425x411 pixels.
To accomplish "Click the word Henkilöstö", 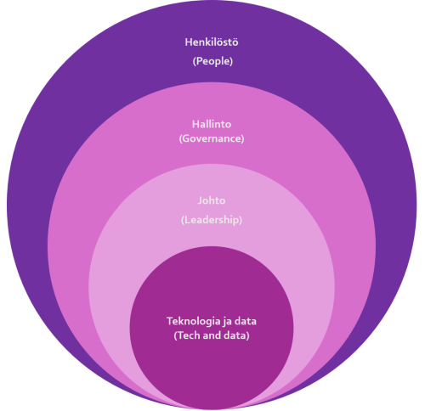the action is (x=212, y=42).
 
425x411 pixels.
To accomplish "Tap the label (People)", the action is (x=212, y=61).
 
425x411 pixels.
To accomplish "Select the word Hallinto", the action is (x=212, y=124).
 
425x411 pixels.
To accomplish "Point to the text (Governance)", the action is (x=212, y=138).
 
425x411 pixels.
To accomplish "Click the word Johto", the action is (x=212, y=200).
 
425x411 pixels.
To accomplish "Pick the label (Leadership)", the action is (x=212, y=220).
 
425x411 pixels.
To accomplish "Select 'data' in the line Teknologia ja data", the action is (x=246, y=321).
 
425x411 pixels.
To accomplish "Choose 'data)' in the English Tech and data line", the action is (x=236, y=335).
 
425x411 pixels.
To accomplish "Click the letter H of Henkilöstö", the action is (x=189, y=42).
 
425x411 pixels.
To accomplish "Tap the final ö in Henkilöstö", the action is (x=235, y=42).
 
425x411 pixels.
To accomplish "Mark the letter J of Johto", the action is (x=201, y=200).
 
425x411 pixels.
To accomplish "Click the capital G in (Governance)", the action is (x=185, y=138).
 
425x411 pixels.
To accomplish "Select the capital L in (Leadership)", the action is (x=186, y=220).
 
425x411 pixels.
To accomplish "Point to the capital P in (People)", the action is (x=198, y=61).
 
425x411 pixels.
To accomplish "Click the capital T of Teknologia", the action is (x=170, y=321).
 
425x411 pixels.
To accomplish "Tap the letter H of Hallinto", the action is (x=195, y=124).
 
